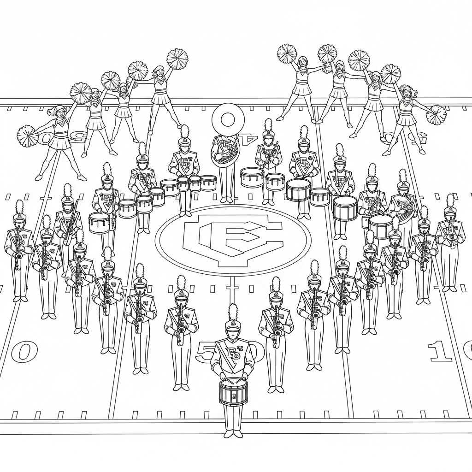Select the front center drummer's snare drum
click(233, 391)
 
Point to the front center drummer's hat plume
click(233, 312)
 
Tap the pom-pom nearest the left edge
click(27, 136)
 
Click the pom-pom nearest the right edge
click(436, 115)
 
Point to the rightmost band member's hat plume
click(450, 201)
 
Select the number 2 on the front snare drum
click(233, 395)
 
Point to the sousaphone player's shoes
click(226, 200)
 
